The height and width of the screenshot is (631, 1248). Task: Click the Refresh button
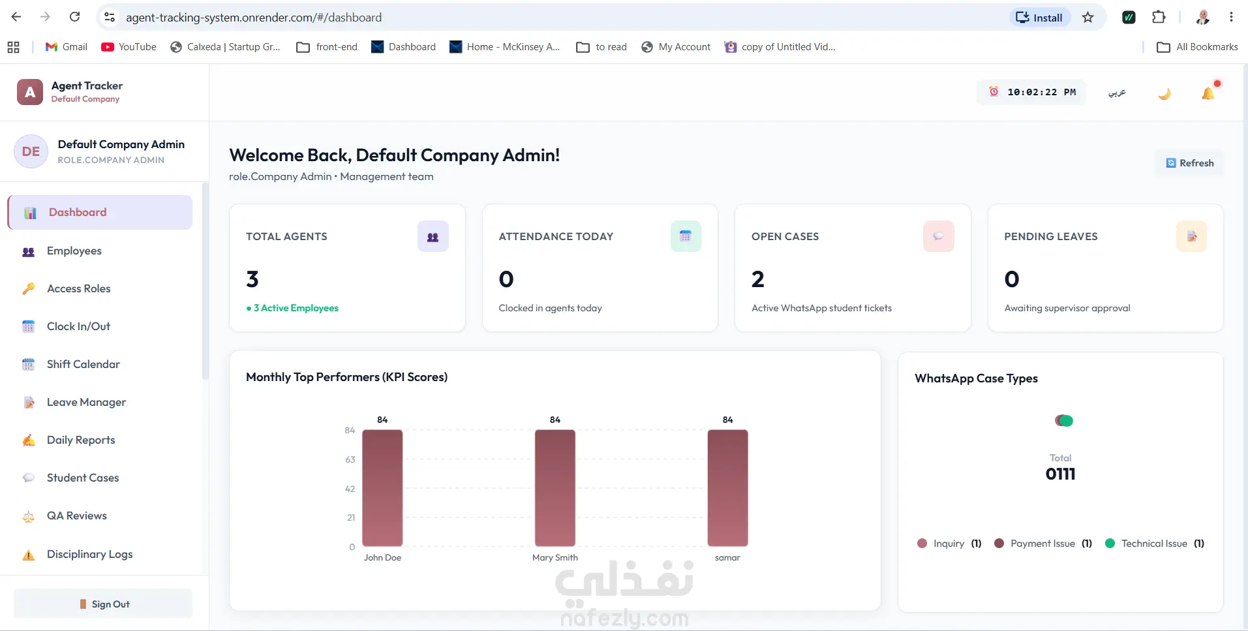(1190, 163)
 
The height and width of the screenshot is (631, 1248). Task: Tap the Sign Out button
(103, 604)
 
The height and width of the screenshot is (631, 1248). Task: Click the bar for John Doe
(382, 488)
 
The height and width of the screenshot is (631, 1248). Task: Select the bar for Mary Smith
(555, 488)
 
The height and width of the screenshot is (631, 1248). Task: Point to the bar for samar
(727, 488)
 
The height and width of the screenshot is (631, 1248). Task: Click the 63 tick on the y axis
(350, 459)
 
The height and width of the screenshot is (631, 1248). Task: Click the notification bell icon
(1208, 93)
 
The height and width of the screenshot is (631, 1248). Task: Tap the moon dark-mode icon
(1164, 93)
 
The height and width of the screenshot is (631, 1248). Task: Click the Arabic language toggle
(1117, 93)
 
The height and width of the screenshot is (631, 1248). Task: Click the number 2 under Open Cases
(758, 279)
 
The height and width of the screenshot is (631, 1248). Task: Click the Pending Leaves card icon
(1191, 236)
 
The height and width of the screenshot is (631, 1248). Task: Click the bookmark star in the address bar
(1088, 18)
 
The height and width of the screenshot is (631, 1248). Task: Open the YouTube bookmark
(129, 47)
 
